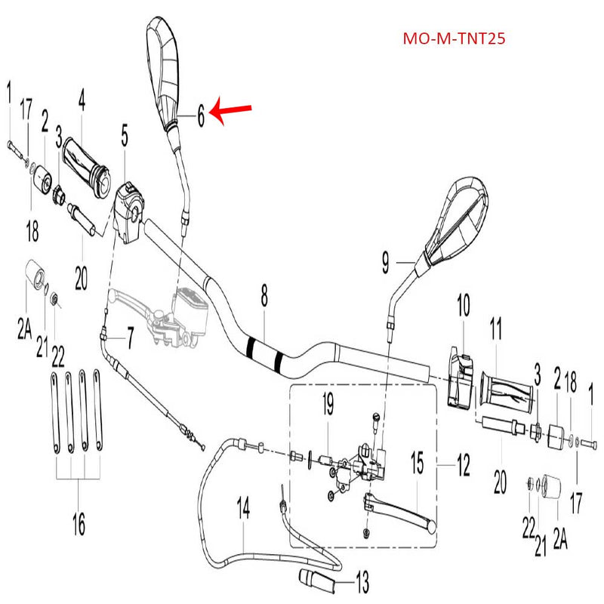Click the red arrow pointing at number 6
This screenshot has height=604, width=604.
click(230, 111)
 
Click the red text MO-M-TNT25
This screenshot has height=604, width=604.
click(454, 38)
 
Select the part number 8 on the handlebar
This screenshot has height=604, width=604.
click(264, 297)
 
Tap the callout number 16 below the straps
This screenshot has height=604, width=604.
click(79, 523)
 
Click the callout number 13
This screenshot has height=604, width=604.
click(362, 582)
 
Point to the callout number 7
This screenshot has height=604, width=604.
click(130, 337)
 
